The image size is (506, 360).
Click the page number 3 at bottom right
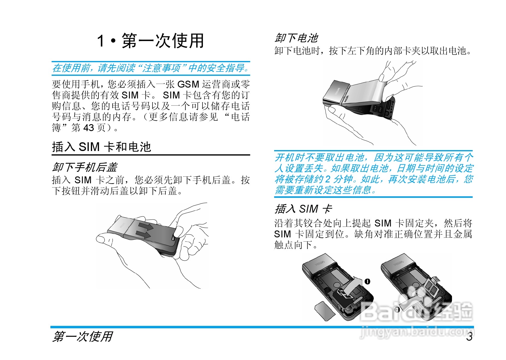click(469, 336)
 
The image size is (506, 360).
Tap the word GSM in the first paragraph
click(188, 84)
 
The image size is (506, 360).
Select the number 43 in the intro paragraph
click(89, 128)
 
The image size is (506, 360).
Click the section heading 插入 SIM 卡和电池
click(101, 147)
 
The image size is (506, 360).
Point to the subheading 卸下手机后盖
click(85, 167)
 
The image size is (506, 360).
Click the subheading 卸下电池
click(296, 38)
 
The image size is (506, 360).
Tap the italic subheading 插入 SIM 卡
click(303, 209)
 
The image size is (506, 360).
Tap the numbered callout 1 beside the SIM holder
click(367, 281)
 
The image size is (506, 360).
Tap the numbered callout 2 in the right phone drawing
click(397, 310)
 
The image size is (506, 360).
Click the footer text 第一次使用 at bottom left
click(82, 336)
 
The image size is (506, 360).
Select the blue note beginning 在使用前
click(151, 68)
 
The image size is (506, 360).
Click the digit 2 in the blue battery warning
click(328, 179)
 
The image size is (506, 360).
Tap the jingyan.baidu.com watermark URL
click(417, 332)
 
